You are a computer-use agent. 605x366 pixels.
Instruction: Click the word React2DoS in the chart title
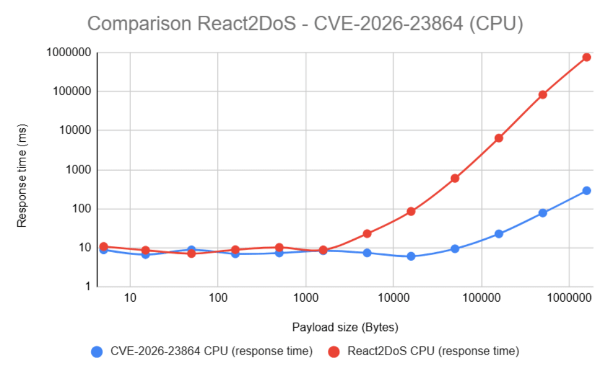coord(247,24)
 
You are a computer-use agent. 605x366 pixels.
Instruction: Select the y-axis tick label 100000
coord(72,91)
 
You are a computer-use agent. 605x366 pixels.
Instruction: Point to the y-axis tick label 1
coord(88,286)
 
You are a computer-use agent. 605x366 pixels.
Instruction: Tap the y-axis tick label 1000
coord(78,170)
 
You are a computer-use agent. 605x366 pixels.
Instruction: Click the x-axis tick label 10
coord(130,298)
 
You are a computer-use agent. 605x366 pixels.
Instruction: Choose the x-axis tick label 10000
coord(393,298)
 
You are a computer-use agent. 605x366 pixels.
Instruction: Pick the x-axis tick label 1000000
coord(569,298)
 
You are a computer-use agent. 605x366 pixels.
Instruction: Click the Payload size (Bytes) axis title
coord(345,327)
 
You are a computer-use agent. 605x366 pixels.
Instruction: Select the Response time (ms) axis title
coord(22,175)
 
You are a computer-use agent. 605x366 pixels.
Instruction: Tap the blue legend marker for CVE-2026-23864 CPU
coord(97,352)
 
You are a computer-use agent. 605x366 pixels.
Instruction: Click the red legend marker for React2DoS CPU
coord(334,352)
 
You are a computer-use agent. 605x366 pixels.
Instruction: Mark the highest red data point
coord(587,57)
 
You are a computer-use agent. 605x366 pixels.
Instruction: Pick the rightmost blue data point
coord(587,191)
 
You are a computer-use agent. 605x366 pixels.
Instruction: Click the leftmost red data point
coord(103,246)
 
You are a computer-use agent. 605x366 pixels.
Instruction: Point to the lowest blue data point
coord(411,256)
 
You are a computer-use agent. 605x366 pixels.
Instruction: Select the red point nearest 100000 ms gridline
coord(543,95)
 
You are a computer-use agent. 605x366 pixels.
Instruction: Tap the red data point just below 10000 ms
coord(499,138)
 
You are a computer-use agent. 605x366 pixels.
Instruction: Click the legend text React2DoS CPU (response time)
coord(433,351)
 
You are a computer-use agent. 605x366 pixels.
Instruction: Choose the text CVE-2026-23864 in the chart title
coord(388,24)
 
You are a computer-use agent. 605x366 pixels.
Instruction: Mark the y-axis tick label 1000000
coord(69,53)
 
